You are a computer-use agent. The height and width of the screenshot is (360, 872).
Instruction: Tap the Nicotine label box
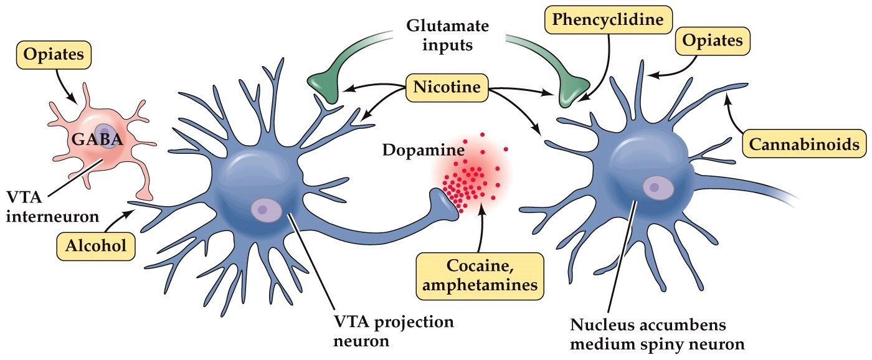pos(447,88)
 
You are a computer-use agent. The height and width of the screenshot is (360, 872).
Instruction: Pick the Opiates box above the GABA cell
pos(54,55)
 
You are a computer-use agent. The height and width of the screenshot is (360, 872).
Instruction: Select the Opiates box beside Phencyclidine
pos(713,41)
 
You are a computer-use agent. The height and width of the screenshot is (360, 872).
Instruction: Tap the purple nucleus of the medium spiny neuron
pos(656,186)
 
